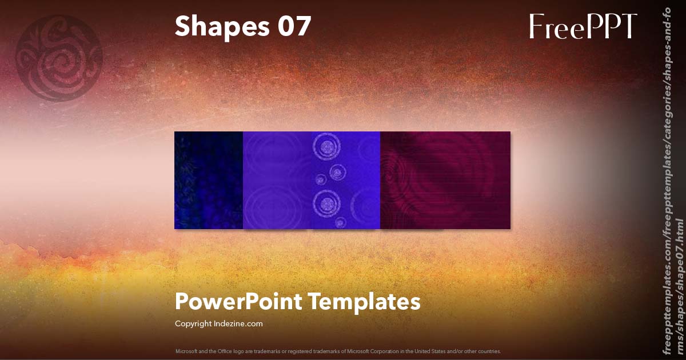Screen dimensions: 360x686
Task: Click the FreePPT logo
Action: (x=583, y=26)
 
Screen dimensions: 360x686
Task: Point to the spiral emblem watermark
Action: (x=59, y=58)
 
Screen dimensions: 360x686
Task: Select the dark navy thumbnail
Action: (x=209, y=180)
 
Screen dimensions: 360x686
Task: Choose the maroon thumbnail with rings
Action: (x=445, y=180)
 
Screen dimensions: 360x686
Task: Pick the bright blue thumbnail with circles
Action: (x=312, y=180)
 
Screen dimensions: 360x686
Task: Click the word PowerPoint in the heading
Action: (x=238, y=301)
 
